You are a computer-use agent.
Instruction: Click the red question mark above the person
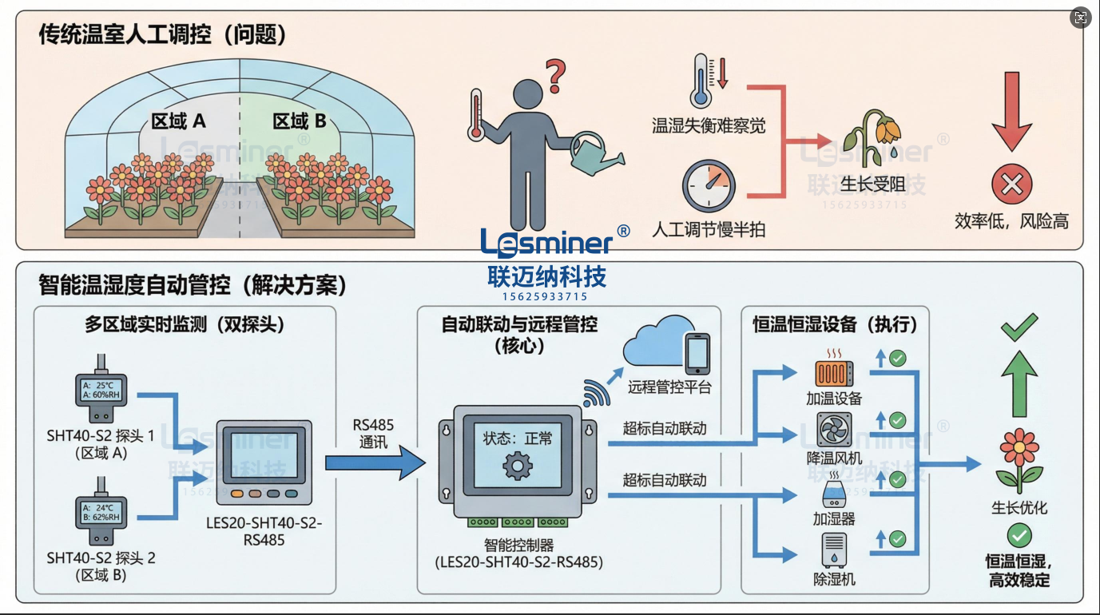pos(556,75)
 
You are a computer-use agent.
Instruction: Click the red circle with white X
pos(1011,186)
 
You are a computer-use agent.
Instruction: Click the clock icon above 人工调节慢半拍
pos(708,186)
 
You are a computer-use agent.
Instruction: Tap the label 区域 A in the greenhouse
pos(178,121)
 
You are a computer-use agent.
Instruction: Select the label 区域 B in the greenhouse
pos(300,121)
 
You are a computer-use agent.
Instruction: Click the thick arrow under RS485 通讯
pos(375,463)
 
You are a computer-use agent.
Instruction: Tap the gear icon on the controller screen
pos(518,464)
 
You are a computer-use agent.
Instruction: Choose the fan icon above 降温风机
pos(834,428)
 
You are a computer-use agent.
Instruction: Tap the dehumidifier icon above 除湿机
pos(834,549)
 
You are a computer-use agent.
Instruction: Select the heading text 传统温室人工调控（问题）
pos(162,34)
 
